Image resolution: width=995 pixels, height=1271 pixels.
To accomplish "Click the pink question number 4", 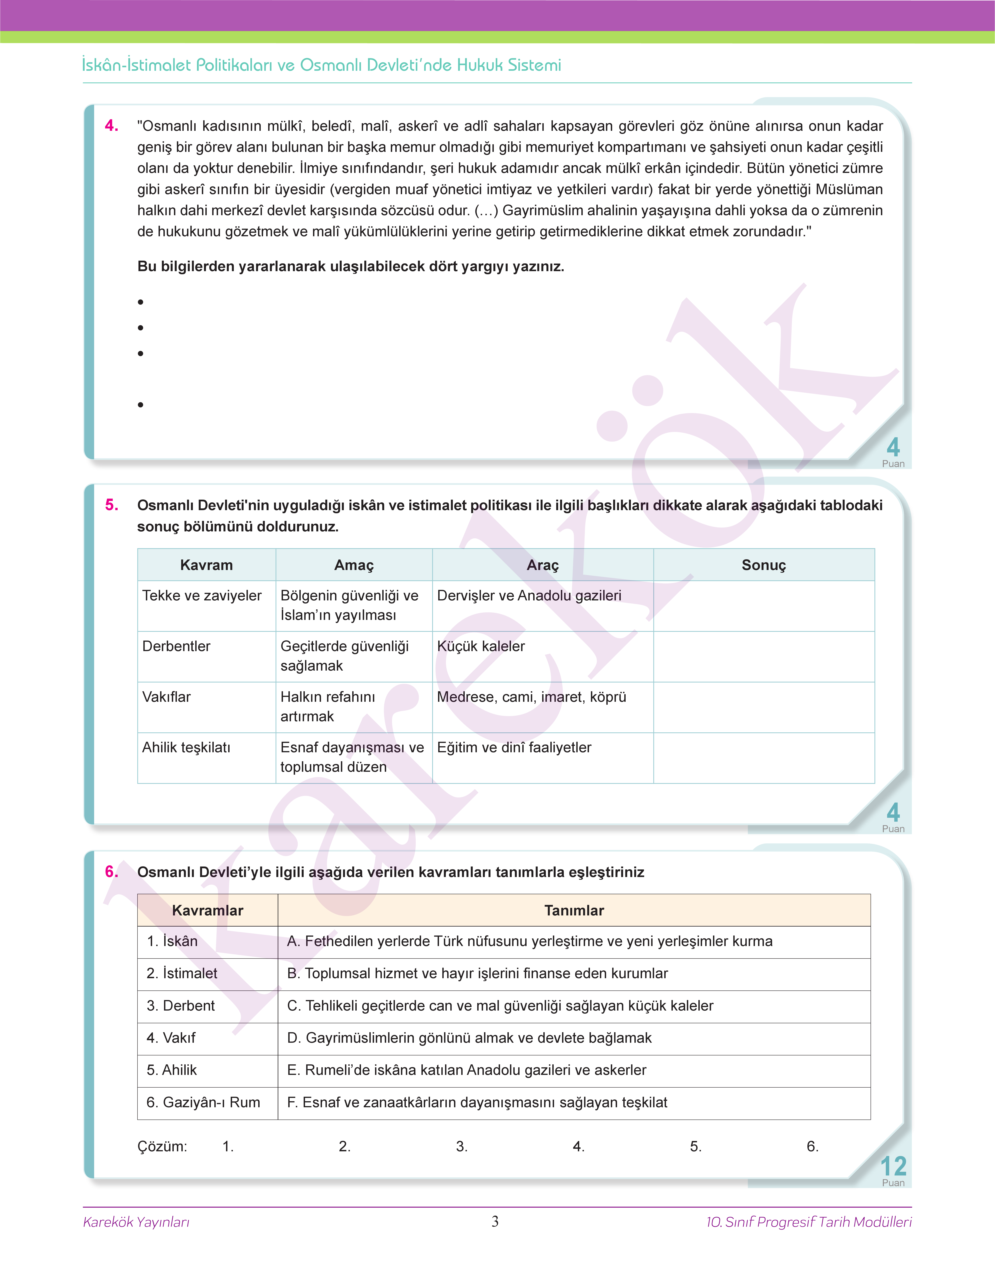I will pos(111,126).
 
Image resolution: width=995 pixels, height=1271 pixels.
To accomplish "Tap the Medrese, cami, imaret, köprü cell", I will pos(531,697).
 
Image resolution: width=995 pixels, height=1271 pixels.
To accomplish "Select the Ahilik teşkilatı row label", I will pos(186,748).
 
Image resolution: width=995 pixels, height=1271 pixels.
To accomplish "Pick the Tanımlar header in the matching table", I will pos(574,911).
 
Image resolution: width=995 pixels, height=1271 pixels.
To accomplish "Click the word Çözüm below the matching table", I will pos(162,1146).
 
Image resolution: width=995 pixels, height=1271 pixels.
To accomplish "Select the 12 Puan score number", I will pos(893,1167).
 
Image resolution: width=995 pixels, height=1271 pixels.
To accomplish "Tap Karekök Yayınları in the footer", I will pos(136,1222).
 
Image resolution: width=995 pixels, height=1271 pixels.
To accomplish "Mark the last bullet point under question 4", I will pos(140,405).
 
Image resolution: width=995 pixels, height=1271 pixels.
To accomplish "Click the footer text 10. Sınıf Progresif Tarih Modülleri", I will pos(809,1222).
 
